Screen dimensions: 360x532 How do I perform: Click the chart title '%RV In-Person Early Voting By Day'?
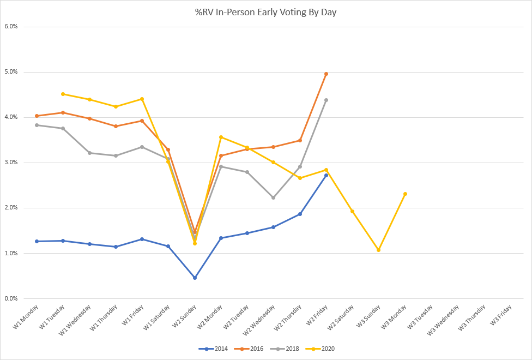coord(266,12)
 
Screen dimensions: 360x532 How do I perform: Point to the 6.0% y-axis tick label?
coord(11,26)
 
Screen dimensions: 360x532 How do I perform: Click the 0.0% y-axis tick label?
coord(11,298)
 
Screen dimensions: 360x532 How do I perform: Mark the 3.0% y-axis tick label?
coord(11,163)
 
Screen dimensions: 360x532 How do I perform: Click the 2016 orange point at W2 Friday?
coord(326,74)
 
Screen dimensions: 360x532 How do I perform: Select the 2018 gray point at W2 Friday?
coord(326,100)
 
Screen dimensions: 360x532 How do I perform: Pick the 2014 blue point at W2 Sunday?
coord(195,278)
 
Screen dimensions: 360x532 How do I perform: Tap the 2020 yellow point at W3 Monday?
coord(405,194)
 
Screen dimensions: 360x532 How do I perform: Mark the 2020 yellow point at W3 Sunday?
coord(378,250)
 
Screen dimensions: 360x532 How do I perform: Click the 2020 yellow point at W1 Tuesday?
coord(63,94)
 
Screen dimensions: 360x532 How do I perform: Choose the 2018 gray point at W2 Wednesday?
coord(273,197)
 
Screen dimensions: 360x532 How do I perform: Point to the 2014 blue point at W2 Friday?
coord(326,175)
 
